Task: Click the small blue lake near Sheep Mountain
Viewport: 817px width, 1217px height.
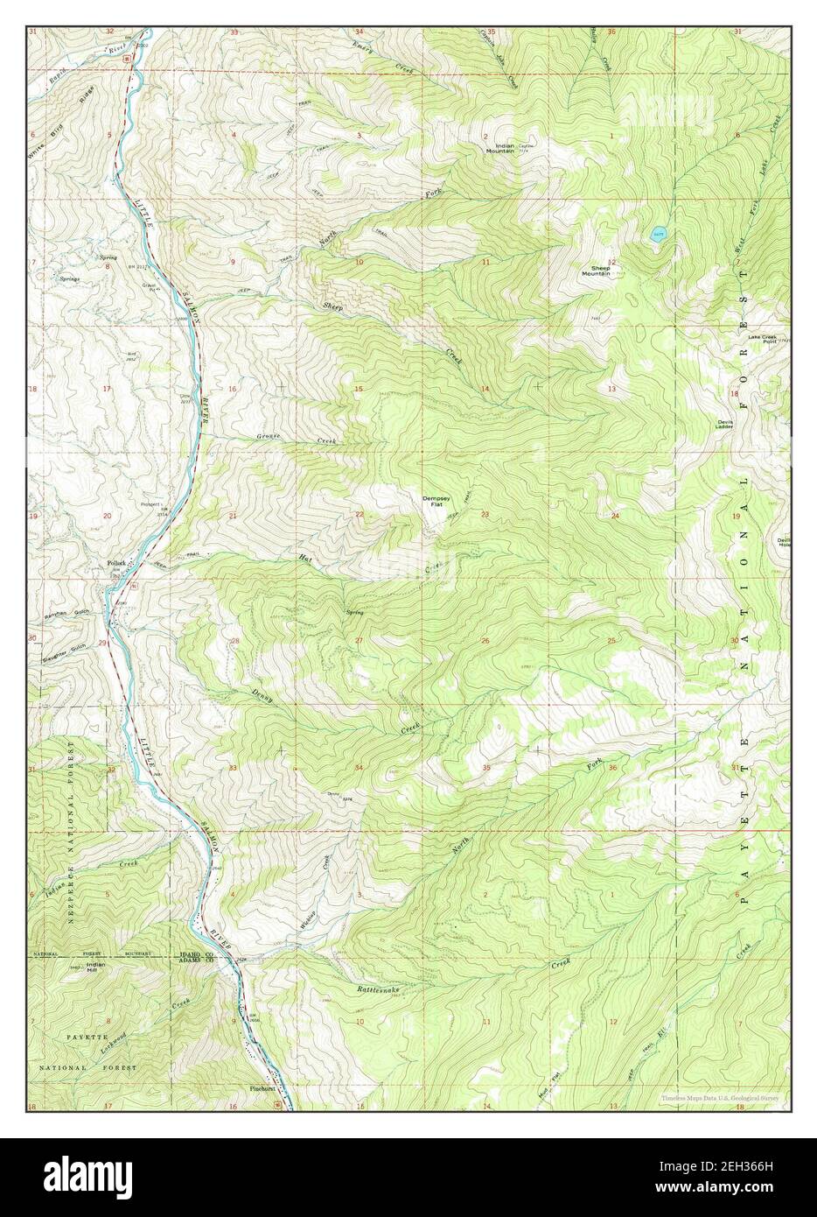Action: click(657, 233)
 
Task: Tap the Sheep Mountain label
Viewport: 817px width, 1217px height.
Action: click(595, 271)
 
